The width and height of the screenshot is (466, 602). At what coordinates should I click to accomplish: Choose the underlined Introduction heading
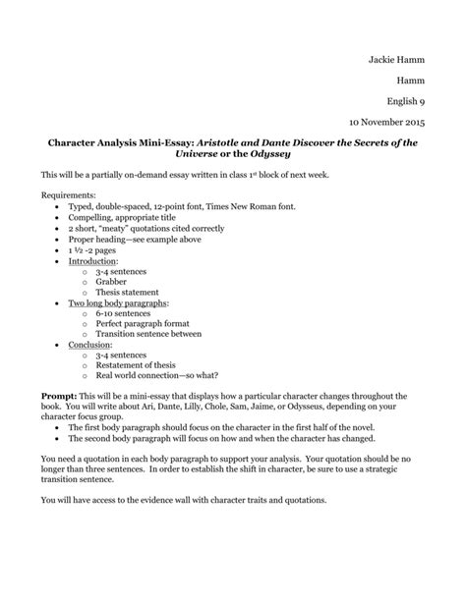click(92, 262)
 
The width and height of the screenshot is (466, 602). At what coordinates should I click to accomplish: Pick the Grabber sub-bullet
click(111, 283)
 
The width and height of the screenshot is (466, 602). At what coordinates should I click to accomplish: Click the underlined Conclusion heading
click(89, 346)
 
